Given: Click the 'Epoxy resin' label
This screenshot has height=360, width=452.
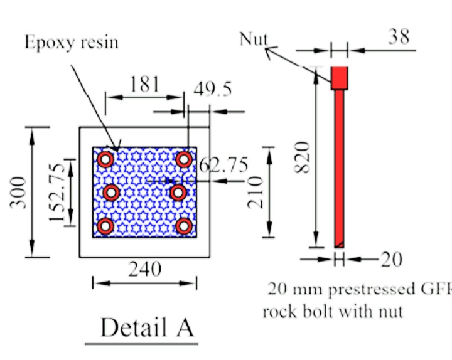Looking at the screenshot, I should click(x=72, y=43).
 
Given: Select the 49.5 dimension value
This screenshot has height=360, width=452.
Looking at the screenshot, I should click(x=212, y=89).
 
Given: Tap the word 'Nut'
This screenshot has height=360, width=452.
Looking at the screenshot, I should click(x=254, y=40).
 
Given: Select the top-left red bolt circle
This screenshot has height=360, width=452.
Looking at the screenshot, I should click(x=105, y=159).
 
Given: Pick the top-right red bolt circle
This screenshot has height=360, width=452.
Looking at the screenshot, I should click(x=183, y=159).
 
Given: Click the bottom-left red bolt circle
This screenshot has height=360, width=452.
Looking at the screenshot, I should click(x=105, y=225).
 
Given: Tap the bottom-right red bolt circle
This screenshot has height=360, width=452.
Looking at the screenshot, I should click(x=183, y=225).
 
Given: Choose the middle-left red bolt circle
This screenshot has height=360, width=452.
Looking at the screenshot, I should click(x=111, y=193).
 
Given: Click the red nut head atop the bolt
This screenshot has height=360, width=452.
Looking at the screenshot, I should click(x=340, y=78).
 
